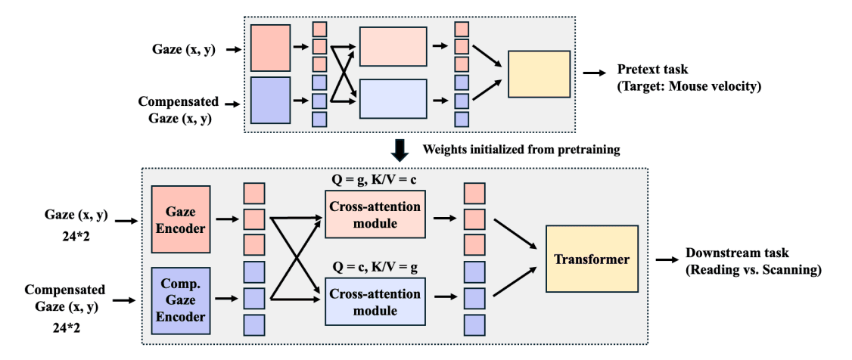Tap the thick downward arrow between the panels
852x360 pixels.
400,150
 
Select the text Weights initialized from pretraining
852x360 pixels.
521,150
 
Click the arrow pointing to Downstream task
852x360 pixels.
666,259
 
